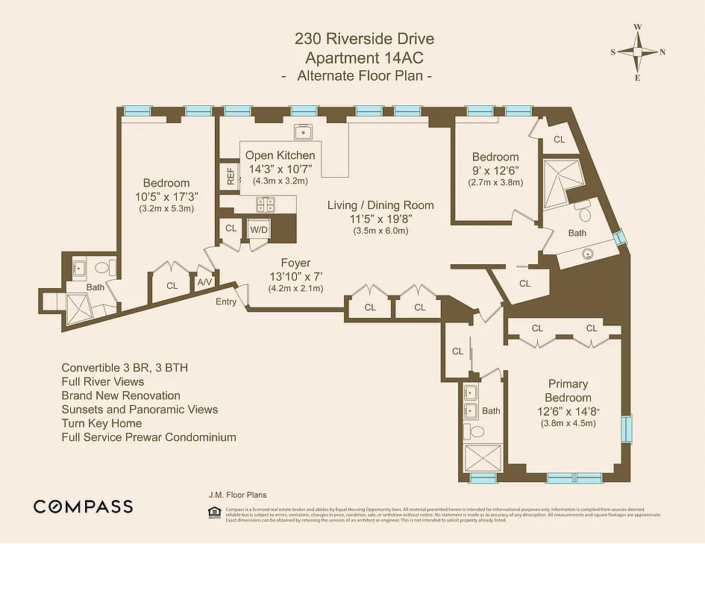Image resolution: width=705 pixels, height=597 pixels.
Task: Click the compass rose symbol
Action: click(638, 52)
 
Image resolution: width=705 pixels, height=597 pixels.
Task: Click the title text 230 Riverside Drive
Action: click(364, 39)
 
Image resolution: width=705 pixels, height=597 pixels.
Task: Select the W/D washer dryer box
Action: click(258, 229)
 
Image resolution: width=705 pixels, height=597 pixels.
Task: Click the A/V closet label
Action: click(204, 282)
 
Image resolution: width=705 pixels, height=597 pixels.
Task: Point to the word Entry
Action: click(226, 301)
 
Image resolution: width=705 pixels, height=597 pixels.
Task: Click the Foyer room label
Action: click(295, 263)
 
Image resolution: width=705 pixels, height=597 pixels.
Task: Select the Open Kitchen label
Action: click(280, 155)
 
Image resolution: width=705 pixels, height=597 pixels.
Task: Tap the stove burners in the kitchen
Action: click(265, 203)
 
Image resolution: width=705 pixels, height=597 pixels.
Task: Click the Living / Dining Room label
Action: click(380, 205)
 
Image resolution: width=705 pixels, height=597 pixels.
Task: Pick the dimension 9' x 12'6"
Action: click(495, 169)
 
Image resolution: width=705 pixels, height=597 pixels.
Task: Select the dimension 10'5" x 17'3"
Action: click(166, 196)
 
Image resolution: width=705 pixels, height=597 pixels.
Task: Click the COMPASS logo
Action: click(84, 507)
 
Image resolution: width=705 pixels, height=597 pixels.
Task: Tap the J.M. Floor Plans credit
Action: click(237, 495)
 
